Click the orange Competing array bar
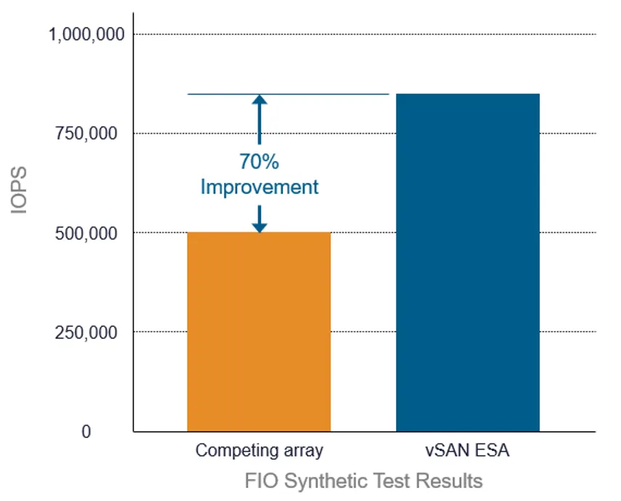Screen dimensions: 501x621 (x=259, y=332)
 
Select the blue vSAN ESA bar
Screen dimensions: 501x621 (x=467, y=262)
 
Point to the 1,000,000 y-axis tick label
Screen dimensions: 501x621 (x=86, y=34)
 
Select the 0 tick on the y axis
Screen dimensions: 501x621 (x=86, y=432)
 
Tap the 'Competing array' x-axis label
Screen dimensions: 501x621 (x=259, y=451)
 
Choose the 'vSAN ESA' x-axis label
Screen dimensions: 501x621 (x=467, y=451)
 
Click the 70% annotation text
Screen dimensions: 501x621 (x=259, y=161)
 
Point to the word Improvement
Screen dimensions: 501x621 (x=259, y=187)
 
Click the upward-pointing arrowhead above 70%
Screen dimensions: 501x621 (x=259, y=101)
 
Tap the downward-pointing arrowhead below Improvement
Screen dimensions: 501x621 (x=259, y=227)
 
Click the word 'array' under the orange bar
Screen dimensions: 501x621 (x=303, y=451)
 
